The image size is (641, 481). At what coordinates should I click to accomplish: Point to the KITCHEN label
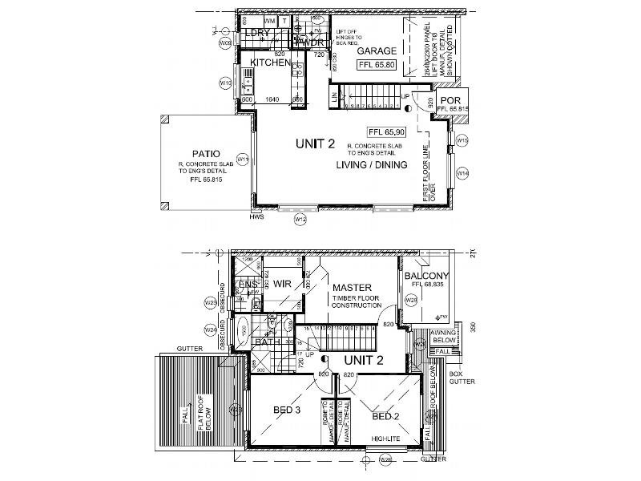click(x=270, y=63)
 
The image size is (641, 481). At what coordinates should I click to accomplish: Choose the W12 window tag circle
click(x=300, y=218)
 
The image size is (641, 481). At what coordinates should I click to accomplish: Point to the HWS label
click(x=256, y=216)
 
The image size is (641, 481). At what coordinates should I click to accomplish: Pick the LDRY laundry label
click(x=258, y=33)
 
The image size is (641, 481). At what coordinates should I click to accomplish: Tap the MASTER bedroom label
click(x=350, y=286)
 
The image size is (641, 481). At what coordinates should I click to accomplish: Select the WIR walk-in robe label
click(x=280, y=283)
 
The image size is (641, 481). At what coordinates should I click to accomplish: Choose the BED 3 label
click(x=286, y=411)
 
